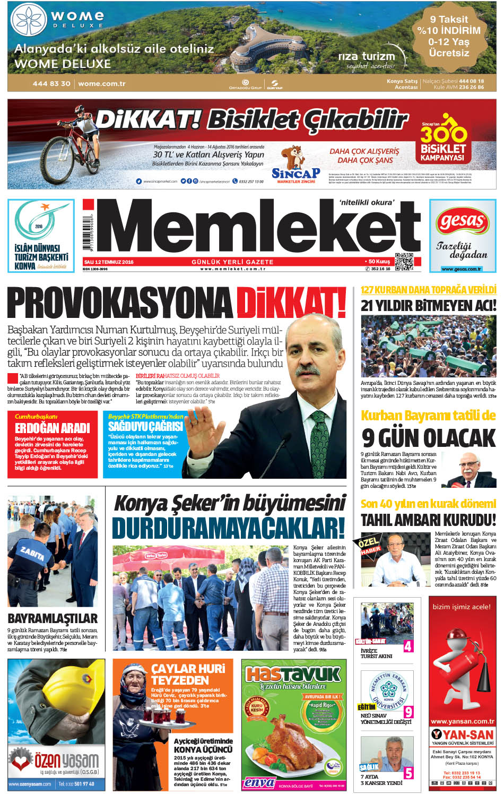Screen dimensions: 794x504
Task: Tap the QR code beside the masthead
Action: (404, 261)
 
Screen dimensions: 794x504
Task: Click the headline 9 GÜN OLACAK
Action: (429, 438)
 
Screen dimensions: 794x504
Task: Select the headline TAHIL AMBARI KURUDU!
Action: (428, 520)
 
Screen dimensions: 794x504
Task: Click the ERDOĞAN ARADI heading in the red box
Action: (53, 428)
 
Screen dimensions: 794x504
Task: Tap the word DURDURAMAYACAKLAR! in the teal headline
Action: (228, 529)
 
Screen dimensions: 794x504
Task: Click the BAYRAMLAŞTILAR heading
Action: (53, 618)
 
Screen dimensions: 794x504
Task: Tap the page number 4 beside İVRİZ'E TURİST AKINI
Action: (408, 646)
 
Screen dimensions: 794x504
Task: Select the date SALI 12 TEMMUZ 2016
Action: (109, 262)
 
